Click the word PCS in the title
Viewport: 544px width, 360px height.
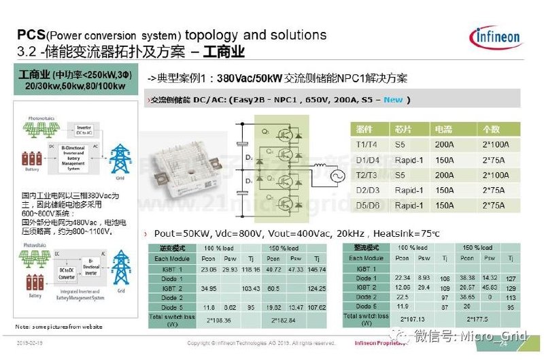click(x=31, y=35)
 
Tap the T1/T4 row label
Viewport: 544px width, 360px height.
click(x=366, y=144)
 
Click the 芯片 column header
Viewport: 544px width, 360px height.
click(x=402, y=129)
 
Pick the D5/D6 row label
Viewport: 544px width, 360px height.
click(x=367, y=205)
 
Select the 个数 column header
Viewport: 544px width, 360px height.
click(x=491, y=129)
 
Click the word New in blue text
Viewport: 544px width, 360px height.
click(x=393, y=99)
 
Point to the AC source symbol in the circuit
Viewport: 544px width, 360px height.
click(x=318, y=175)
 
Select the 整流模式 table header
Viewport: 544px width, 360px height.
click(x=367, y=248)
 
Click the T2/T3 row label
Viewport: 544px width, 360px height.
click(x=366, y=174)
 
